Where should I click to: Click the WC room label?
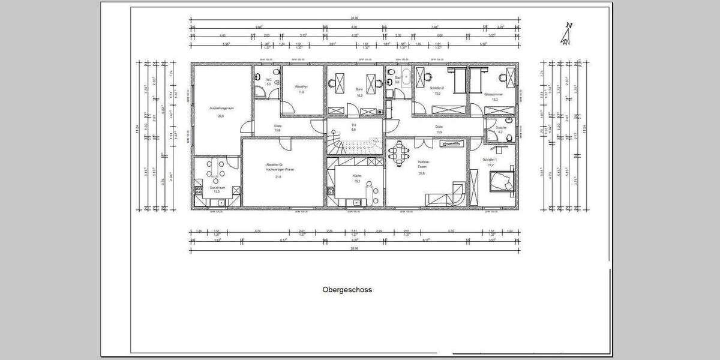[x=269, y=79]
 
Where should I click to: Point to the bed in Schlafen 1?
[x=500, y=181]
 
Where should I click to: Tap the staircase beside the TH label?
[x=354, y=146]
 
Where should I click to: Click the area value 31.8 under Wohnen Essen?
[x=422, y=173]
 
